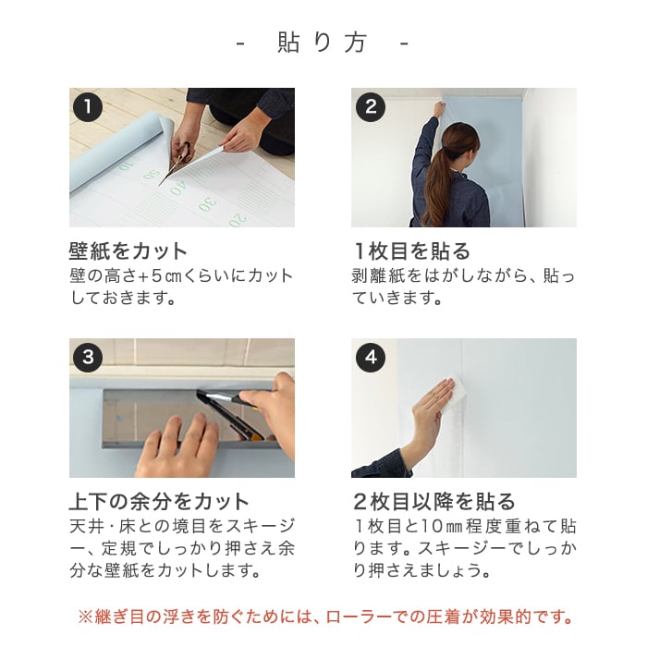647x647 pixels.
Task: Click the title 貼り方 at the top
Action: (322, 43)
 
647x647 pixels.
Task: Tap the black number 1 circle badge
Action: (88, 107)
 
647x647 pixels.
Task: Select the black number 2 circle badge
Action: (370, 107)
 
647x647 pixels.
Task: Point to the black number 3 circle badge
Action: (88, 358)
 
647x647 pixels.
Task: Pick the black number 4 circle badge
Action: (370, 358)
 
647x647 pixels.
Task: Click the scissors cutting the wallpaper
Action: (177, 161)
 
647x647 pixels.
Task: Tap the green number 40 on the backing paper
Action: (178, 189)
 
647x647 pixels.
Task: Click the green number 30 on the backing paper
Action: (208, 204)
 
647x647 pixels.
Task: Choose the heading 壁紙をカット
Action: (128, 250)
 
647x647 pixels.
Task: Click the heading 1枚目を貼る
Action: (412, 250)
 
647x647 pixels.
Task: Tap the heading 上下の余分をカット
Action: (159, 501)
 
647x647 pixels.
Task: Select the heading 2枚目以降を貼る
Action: (434, 501)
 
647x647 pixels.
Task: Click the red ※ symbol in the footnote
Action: (85, 617)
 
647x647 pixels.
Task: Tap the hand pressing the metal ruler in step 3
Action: (177, 446)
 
